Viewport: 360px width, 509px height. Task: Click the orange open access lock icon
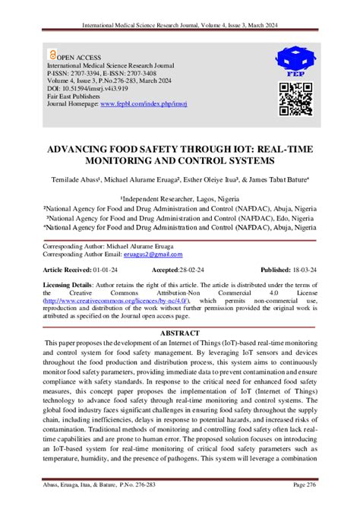coord(52,55)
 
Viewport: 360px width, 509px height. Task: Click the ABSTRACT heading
coord(179,334)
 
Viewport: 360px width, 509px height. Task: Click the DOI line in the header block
coord(86,87)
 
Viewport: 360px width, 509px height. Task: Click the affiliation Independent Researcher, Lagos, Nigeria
coord(179,197)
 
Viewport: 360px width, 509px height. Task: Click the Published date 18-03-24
coord(302,270)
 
